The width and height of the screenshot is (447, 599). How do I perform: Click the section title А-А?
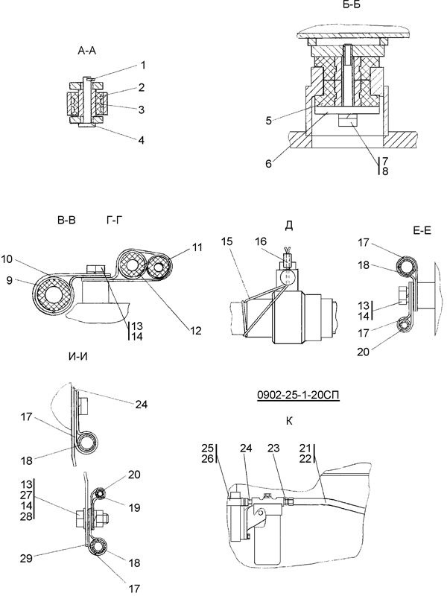pos(86,51)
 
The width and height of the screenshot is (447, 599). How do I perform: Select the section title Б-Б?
pos(352,4)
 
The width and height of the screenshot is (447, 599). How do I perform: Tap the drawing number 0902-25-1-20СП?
pos(299,395)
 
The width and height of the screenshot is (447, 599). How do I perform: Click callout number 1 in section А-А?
pos(143,66)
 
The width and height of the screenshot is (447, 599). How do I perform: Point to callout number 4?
pos(142,140)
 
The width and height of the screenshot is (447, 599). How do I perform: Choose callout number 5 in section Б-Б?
pos(269,121)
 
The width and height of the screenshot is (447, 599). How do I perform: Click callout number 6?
pos(269,163)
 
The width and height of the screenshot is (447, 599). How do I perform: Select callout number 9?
pos(10,280)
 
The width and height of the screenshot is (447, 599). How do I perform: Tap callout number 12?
pos(196,330)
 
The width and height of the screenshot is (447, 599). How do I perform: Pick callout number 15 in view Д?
pos(227,241)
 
